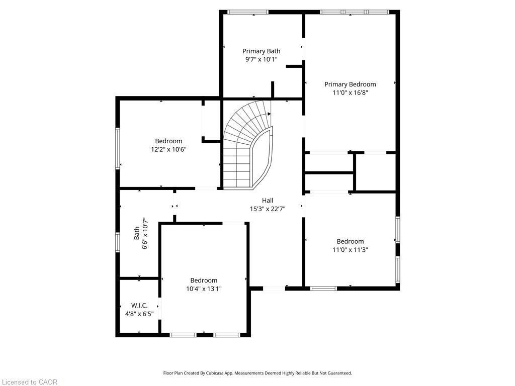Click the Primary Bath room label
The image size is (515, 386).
coord(261,51)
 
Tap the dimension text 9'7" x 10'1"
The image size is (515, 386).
coord(261,59)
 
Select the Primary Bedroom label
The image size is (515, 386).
coord(350,84)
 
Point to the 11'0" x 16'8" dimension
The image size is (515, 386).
coord(350,92)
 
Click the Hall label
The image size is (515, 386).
coord(268,200)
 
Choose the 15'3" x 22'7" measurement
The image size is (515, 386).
coord(268,209)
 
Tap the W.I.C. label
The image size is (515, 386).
coord(139,305)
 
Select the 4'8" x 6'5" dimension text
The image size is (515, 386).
coord(139,314)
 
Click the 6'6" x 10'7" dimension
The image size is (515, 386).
coord(144,234)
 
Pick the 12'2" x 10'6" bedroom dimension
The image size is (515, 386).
coord(168,149)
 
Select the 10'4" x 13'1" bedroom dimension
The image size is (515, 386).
coord(204,288)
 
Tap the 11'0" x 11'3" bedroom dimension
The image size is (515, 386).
coord(350,249)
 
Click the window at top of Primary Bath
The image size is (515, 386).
coord(248,12)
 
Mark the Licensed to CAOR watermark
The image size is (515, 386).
coord(29,382)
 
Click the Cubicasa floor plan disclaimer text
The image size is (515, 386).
coord(257,373)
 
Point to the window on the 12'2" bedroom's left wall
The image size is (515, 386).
coord(118,148)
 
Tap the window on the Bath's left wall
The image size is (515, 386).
coord(118,241)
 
